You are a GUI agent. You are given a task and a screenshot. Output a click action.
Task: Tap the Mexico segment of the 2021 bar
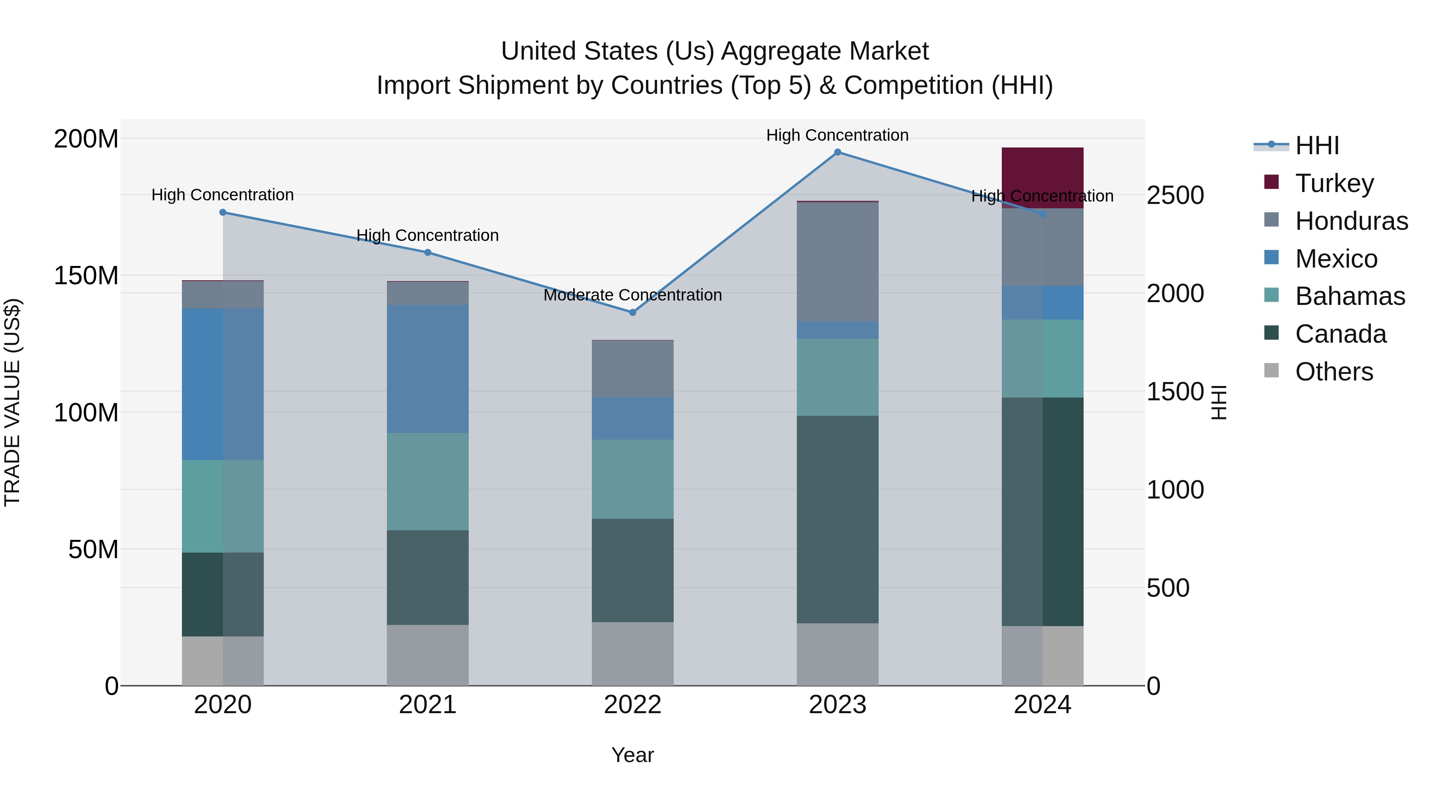click(x=427, y=369)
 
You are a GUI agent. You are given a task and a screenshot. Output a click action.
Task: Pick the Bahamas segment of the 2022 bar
click(x=632, y=479)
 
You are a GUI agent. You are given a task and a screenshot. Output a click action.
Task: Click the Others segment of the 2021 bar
click(x=427, y=655)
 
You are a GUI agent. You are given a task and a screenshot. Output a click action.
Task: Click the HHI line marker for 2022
click(x=632, y=312)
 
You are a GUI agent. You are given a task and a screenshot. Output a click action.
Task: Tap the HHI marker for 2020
click(x=222, y=212)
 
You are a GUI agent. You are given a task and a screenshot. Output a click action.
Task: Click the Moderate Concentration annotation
click(x=632, y=295)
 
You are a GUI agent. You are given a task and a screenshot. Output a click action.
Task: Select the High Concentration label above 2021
click(x=427, y=236)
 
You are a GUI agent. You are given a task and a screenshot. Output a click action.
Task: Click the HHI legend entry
click(x=1316, y=145)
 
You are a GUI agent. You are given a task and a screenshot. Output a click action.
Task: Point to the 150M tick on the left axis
click(x=86, y=275)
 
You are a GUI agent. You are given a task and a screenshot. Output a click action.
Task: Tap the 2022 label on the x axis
click(x=632, y=705)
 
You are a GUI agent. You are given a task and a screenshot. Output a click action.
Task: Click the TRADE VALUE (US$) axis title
click(x=13, y=402)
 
